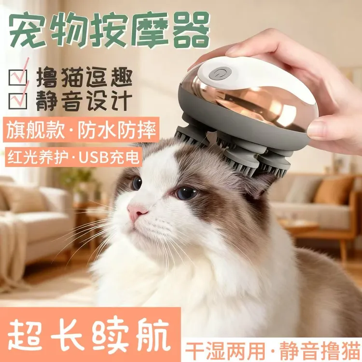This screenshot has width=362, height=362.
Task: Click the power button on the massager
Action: tap(220, 74)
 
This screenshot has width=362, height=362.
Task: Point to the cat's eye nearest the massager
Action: tap(186, 193)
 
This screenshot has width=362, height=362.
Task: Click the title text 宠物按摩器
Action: tap(109, 28)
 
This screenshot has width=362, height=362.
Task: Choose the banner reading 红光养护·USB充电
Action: tap(73, 156)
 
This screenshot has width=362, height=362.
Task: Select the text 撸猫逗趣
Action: tap(84, 77)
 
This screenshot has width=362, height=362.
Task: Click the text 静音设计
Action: tap(84, 101)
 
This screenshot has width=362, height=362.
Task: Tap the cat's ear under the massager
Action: tap(259, 185)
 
